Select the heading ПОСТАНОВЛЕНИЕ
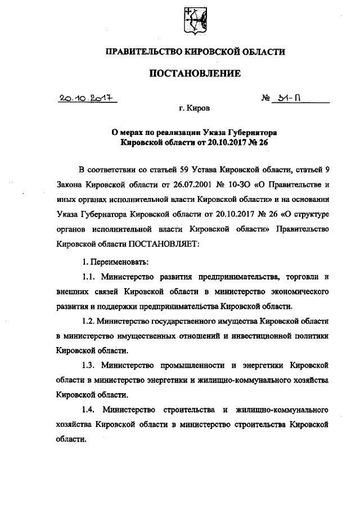pos(195,73)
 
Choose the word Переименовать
pos(120,262)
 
